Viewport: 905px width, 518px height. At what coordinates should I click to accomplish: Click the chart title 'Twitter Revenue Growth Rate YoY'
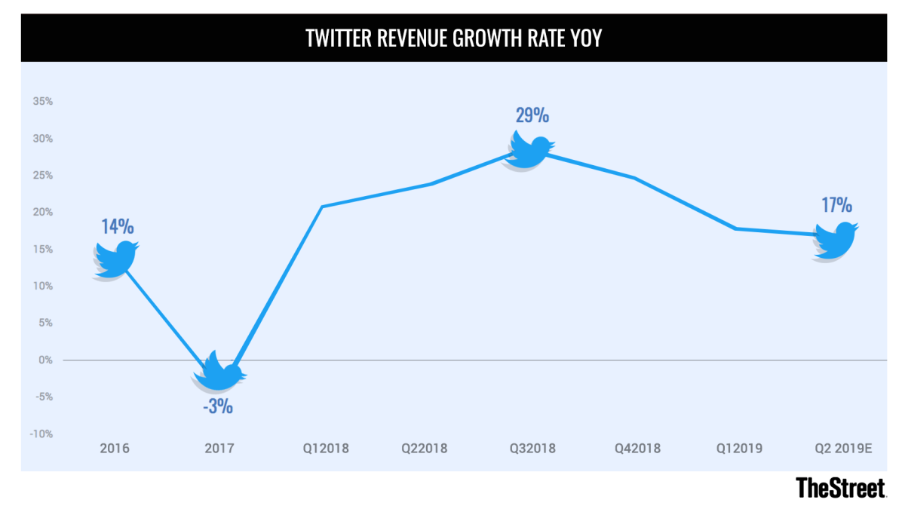click(453, 38)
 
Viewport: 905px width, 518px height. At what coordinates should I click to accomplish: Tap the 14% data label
click(118, 226)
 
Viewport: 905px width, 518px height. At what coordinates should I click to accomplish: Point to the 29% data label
click(532, 116)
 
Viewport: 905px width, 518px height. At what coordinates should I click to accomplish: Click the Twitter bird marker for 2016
click(115, 259)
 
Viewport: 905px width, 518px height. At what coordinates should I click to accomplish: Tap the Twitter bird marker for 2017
click(218, 370)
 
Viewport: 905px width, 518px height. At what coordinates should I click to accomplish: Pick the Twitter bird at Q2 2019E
click(836, 239)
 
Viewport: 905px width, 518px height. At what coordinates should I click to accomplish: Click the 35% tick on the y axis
click(41, 101)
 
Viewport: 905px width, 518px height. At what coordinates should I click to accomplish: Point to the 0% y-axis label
click(44, 360)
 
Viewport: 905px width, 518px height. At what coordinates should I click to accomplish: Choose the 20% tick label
click(41, 212)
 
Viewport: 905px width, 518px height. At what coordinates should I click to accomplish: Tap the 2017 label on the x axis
click(219, 448)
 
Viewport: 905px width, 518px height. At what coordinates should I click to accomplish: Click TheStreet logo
click(841, 487)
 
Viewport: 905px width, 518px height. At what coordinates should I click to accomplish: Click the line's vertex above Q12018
click(323, 206)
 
